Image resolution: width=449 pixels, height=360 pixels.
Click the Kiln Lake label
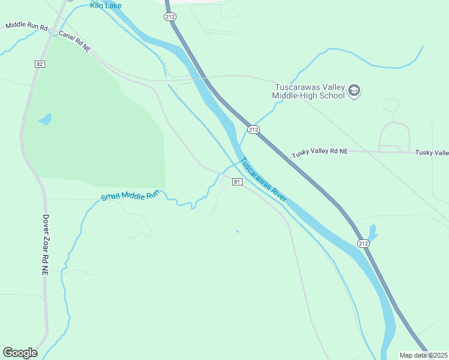[106, 5]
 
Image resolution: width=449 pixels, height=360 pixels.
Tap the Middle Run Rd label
[26, 26]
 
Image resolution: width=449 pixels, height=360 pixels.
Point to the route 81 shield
[237, 182]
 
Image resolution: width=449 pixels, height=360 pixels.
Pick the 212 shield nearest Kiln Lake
[170, 17]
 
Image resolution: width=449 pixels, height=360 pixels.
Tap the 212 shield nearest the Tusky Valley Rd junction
[253, 130]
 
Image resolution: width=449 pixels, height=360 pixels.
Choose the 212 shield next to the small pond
[363, 243]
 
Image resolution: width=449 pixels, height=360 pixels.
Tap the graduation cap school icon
[354, 91]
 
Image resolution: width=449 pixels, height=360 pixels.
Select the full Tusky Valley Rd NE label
[320, 152]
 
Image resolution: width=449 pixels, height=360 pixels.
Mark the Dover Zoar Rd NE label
[45, 245]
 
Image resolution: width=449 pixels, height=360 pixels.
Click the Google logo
[20, 353]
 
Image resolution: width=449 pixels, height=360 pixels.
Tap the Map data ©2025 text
[423, 355]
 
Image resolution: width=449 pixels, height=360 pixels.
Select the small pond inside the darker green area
[45, 119]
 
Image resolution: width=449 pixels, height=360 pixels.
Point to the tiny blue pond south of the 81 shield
[238, 231]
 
